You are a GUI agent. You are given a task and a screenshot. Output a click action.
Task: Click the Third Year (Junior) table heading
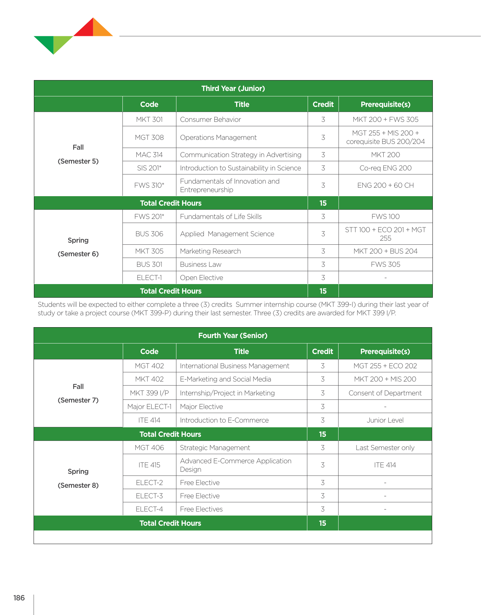pos(233,89)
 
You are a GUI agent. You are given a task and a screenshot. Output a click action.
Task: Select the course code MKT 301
pos(149,119)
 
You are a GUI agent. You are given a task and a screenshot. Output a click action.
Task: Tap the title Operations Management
pos(218,137)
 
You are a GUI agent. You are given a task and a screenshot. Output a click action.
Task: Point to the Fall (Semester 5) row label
pos(78,154)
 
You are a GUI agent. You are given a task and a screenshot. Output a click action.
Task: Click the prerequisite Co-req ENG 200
pos(385,168)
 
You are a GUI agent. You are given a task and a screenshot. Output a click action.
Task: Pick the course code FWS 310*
pos(149,185)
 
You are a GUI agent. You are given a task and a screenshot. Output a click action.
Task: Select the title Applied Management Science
pos(227,234)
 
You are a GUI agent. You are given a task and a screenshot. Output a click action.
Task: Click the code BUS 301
pos(149,264)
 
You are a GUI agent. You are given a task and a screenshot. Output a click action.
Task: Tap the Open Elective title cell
pos(201,278)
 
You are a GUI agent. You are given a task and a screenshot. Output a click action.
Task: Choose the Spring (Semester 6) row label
pos(78,247)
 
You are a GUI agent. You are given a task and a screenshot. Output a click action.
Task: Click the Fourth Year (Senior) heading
pos(233,336)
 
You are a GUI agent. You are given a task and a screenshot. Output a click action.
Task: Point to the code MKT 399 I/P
pos(149,393)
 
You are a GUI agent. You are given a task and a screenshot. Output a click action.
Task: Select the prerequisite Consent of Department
pos(385,393)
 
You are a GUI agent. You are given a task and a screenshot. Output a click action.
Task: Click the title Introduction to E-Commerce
pos(224,420)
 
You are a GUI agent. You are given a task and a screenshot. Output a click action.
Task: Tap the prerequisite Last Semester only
pos(385,448)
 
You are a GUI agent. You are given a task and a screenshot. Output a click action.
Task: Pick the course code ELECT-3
pos(149,496)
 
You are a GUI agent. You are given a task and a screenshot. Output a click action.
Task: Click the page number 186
pos(19,598)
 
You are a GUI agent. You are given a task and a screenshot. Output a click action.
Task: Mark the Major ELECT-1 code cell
pos(149,407)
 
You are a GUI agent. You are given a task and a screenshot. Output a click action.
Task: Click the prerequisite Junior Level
pos(385,420)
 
